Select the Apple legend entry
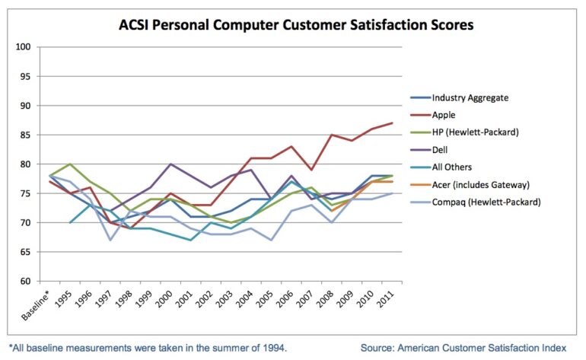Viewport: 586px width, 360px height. pos(444,115)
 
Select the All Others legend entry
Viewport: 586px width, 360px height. pos(452,168)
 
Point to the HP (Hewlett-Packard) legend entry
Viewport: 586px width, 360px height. pos(476,132)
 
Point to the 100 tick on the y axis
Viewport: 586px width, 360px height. pos(23,47)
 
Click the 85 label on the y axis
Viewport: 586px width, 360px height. pos(25,135)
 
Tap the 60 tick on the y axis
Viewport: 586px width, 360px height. pos(25,282)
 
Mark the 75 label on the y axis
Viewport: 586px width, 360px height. pos(25,194)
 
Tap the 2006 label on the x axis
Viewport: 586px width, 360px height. pos(282,298)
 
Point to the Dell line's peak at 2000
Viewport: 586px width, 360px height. pos(170,164)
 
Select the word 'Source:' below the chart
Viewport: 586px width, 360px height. pos(380,348)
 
